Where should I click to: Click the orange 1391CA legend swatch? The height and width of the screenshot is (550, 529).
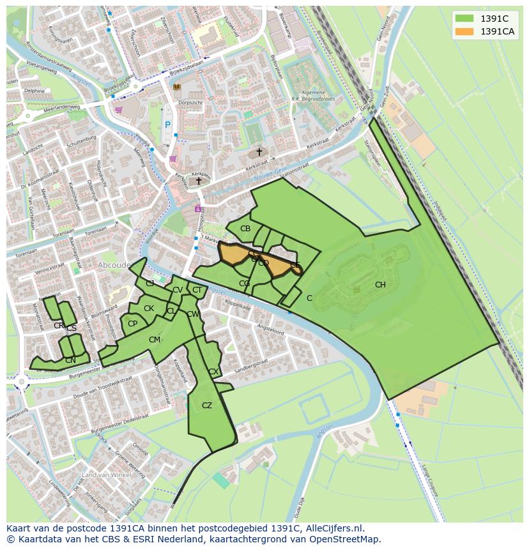click(464, 31)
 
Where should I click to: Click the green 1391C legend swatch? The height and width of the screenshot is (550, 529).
click(464, 19)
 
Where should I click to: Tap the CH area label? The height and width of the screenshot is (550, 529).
click(380, 285)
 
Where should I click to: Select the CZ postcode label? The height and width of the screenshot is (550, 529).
click(207, 406)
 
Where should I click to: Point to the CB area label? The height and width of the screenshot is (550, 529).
click(245, 229)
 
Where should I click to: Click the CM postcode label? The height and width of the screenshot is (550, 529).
click(155, 340)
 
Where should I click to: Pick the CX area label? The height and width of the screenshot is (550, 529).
click(213, 372)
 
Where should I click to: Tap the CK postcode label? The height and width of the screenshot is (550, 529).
click(149, 309)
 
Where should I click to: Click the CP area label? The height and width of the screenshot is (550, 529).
click(132, 324)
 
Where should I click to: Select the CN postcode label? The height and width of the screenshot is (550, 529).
click(70, 360)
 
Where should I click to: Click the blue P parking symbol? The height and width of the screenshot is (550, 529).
click(168, 126)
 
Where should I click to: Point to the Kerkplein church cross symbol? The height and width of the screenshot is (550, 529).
click(199, 181)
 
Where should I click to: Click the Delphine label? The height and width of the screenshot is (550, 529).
click(34, 91)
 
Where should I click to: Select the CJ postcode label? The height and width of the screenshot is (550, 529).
click(150, 283)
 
